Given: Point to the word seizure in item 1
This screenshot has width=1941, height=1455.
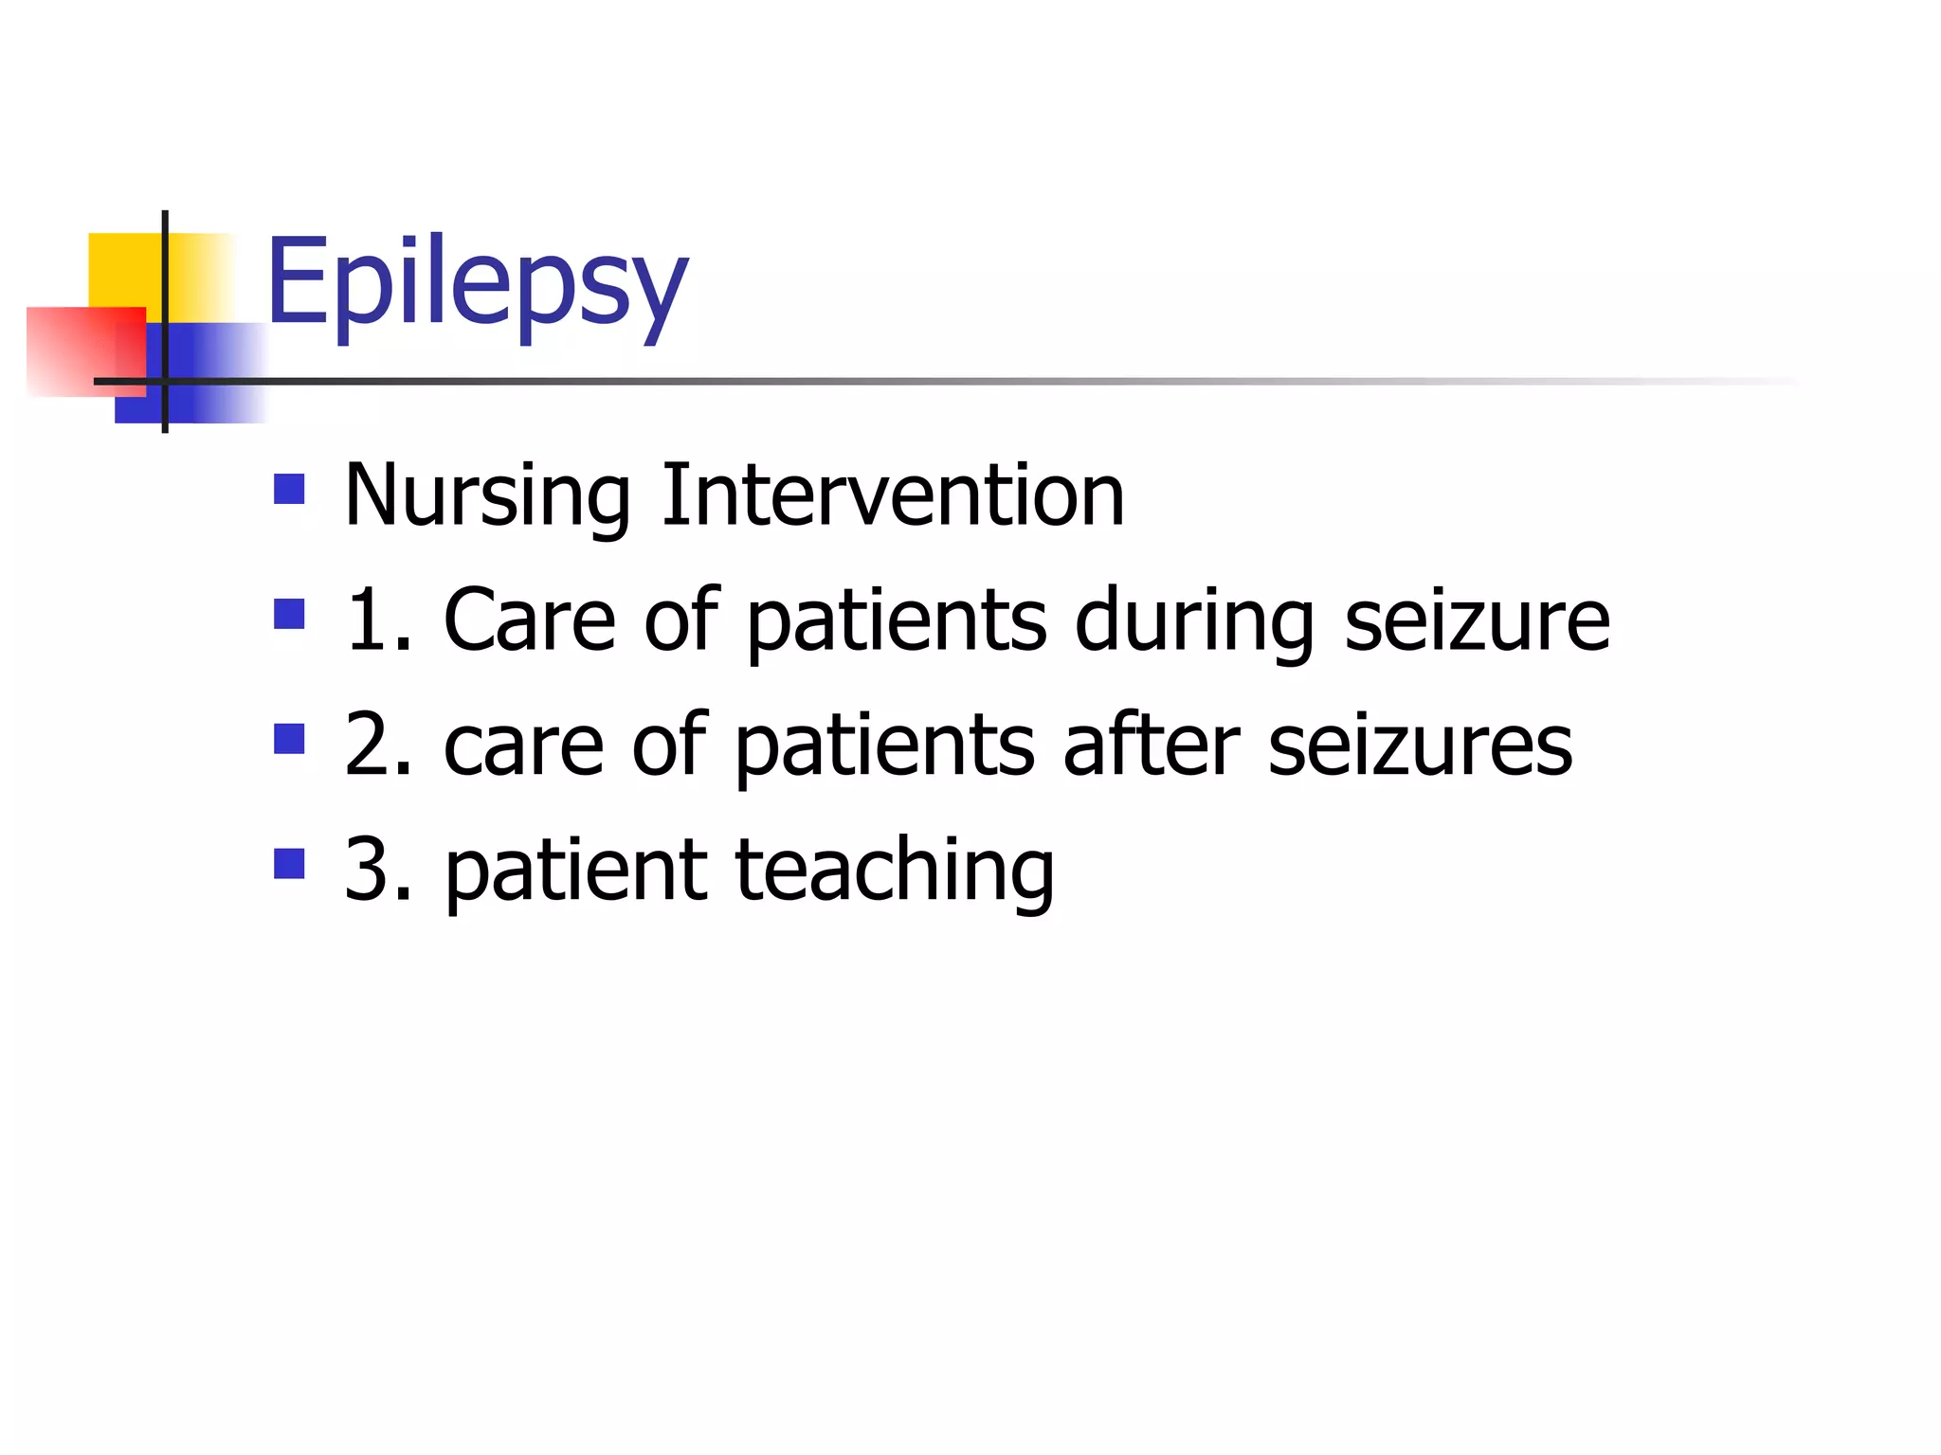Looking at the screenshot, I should [1477, 620].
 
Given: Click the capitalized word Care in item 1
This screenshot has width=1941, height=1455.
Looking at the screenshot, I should [530, 620].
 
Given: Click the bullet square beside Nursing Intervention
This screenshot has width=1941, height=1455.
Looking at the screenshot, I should [289, 489].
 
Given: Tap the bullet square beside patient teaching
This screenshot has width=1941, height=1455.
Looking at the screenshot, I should [289, 863].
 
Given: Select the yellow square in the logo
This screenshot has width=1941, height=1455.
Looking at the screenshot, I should [123, 270].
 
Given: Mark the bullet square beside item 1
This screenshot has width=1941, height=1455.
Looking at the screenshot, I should [289, 614].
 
